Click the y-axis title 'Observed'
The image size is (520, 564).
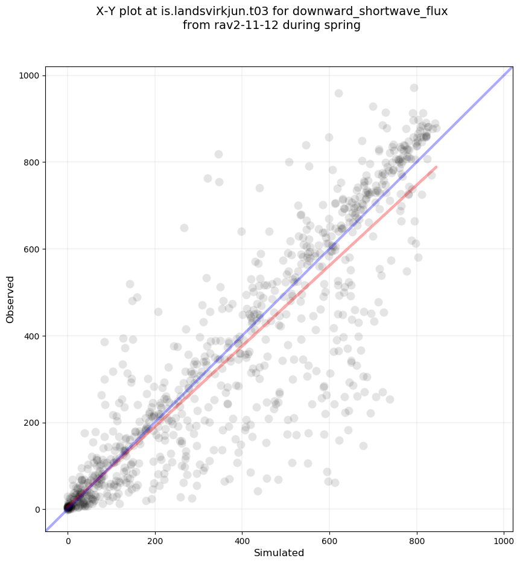pos(10,299)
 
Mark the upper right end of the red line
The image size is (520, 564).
pos(436,167)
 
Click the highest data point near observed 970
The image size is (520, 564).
pos(414,88)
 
